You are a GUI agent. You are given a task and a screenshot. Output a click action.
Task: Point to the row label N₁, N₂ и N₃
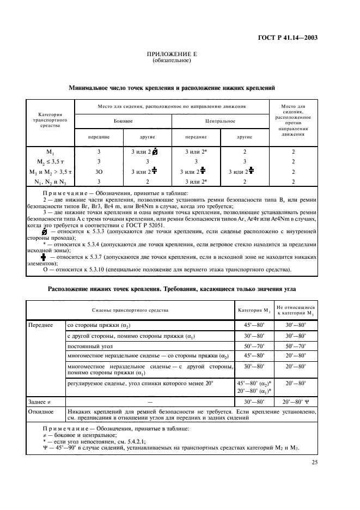[x=50, y=181]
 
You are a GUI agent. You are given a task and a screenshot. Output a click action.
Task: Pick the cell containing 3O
[x=99, y=171]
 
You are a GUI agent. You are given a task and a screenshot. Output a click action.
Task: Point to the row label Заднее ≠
[x=40, y=401]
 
